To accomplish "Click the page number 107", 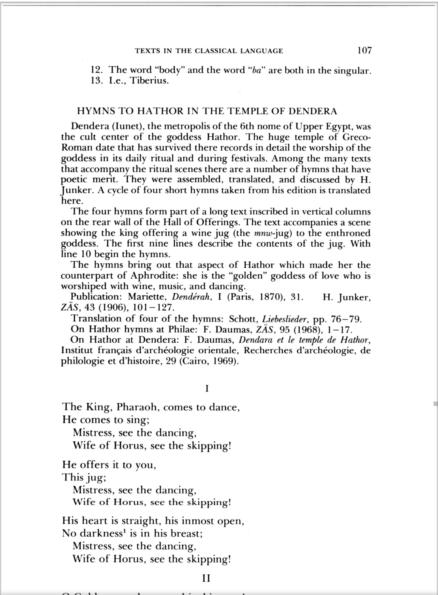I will [x=364, y=51].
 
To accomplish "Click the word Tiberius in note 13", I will [x=149, y=81].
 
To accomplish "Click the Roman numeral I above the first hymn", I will [x=207, y=389].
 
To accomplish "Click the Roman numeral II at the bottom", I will [x=206, y=578].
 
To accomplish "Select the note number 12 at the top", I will [x=95, y=70].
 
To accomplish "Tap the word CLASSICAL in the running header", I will [x=216, y=51].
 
